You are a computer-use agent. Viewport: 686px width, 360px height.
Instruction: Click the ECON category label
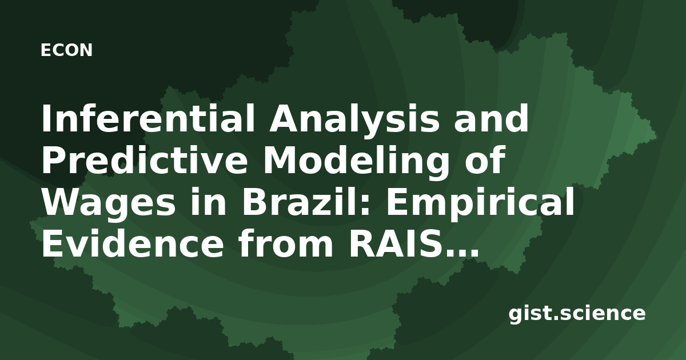[66, 50]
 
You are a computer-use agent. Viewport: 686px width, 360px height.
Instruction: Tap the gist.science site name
[577, 314]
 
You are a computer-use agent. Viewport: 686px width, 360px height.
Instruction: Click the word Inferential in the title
[147, 118]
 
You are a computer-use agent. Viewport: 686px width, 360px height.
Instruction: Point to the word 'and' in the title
[492, 118]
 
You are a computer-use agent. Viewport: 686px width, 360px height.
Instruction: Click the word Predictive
[145, 161]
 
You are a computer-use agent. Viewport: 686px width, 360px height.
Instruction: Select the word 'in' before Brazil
[208, 201]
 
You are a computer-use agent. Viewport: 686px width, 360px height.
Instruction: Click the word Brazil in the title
[302, 201]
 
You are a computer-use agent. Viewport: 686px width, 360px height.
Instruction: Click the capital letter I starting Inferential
[46, 118]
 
